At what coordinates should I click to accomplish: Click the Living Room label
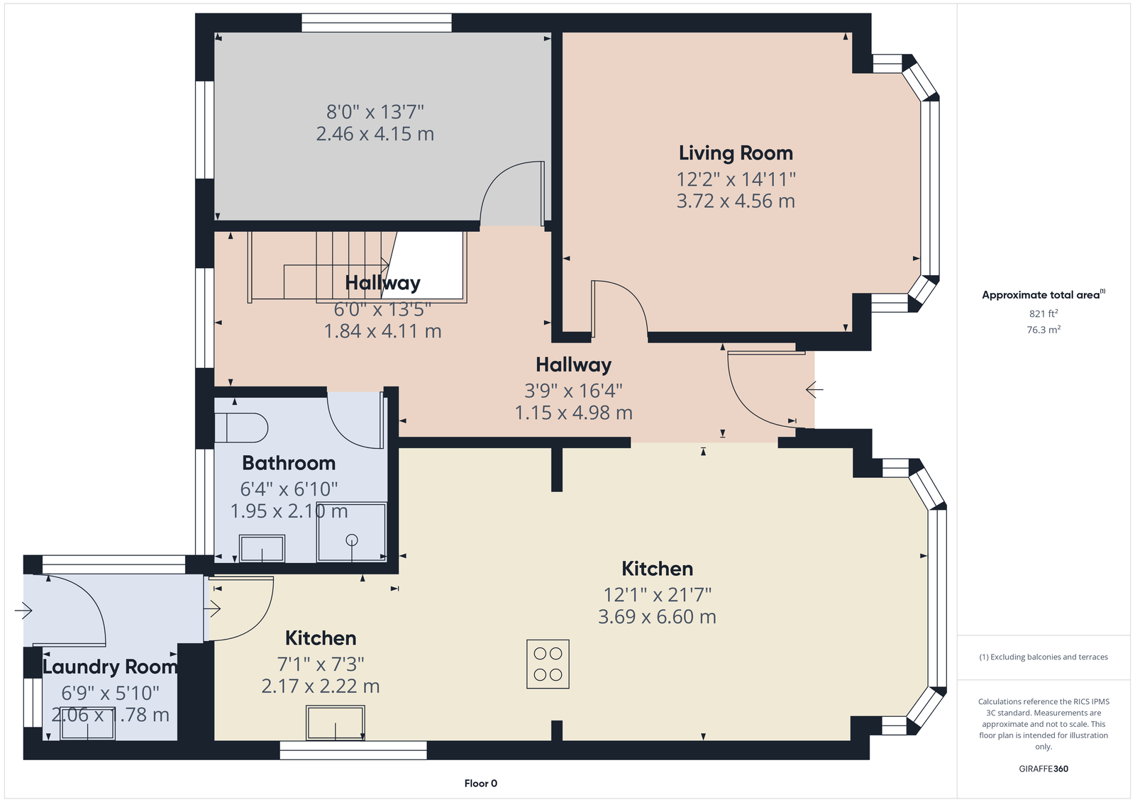pyautogui.click(x=736, y=153)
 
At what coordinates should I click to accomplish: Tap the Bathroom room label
pyautogui.click(x=289, y=463)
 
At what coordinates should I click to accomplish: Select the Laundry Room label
pyautogui.click(x=110, y=667)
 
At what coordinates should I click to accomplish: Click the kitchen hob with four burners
pyautogui.click(x=548, y=664)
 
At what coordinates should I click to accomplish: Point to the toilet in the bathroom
pyautogui.click(x=241, y=428)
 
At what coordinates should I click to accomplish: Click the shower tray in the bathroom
pyautogui.click(x=352, y=531)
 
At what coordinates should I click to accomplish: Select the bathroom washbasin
pyautogui.click(x=262, y=548)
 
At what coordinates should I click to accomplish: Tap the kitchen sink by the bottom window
pyautogui.click(x=336, y=723)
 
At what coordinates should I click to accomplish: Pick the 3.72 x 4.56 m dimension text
pyautogui.click(x=736, y=201)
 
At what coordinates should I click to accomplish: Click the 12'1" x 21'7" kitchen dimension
pyautogui.click(x=657, y=594)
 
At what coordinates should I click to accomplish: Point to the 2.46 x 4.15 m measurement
pyautogui.click(x=375, y=134)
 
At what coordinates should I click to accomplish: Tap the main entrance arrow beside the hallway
pyautogui.click(x=814, y=389)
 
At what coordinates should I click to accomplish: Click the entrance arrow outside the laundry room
pyautogui.click(x=23, y=611)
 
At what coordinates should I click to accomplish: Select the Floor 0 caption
pyautogui.click(x=481, y=784)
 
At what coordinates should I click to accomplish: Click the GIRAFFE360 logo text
pyautogui.click(x=1043, y=769)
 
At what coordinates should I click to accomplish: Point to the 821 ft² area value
pyautogui.click(x=1043, y=313)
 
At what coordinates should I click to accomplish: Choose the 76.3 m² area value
pyautogui.click(x=1043, y=329)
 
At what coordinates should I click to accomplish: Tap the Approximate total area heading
pyautogui.click(x=1043, y=294)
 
